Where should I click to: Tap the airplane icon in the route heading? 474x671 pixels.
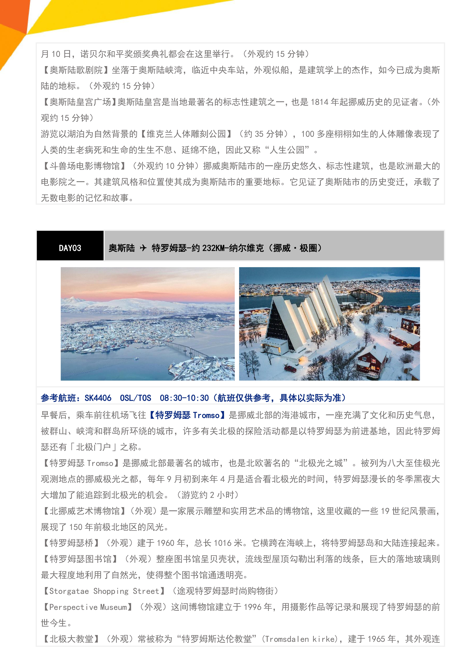[143, 248]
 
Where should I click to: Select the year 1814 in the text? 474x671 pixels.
[319, 102]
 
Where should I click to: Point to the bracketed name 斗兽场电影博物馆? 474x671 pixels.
[85, 166]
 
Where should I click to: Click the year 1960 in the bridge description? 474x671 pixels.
[166, 543]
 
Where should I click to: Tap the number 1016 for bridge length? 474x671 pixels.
[223, 543]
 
